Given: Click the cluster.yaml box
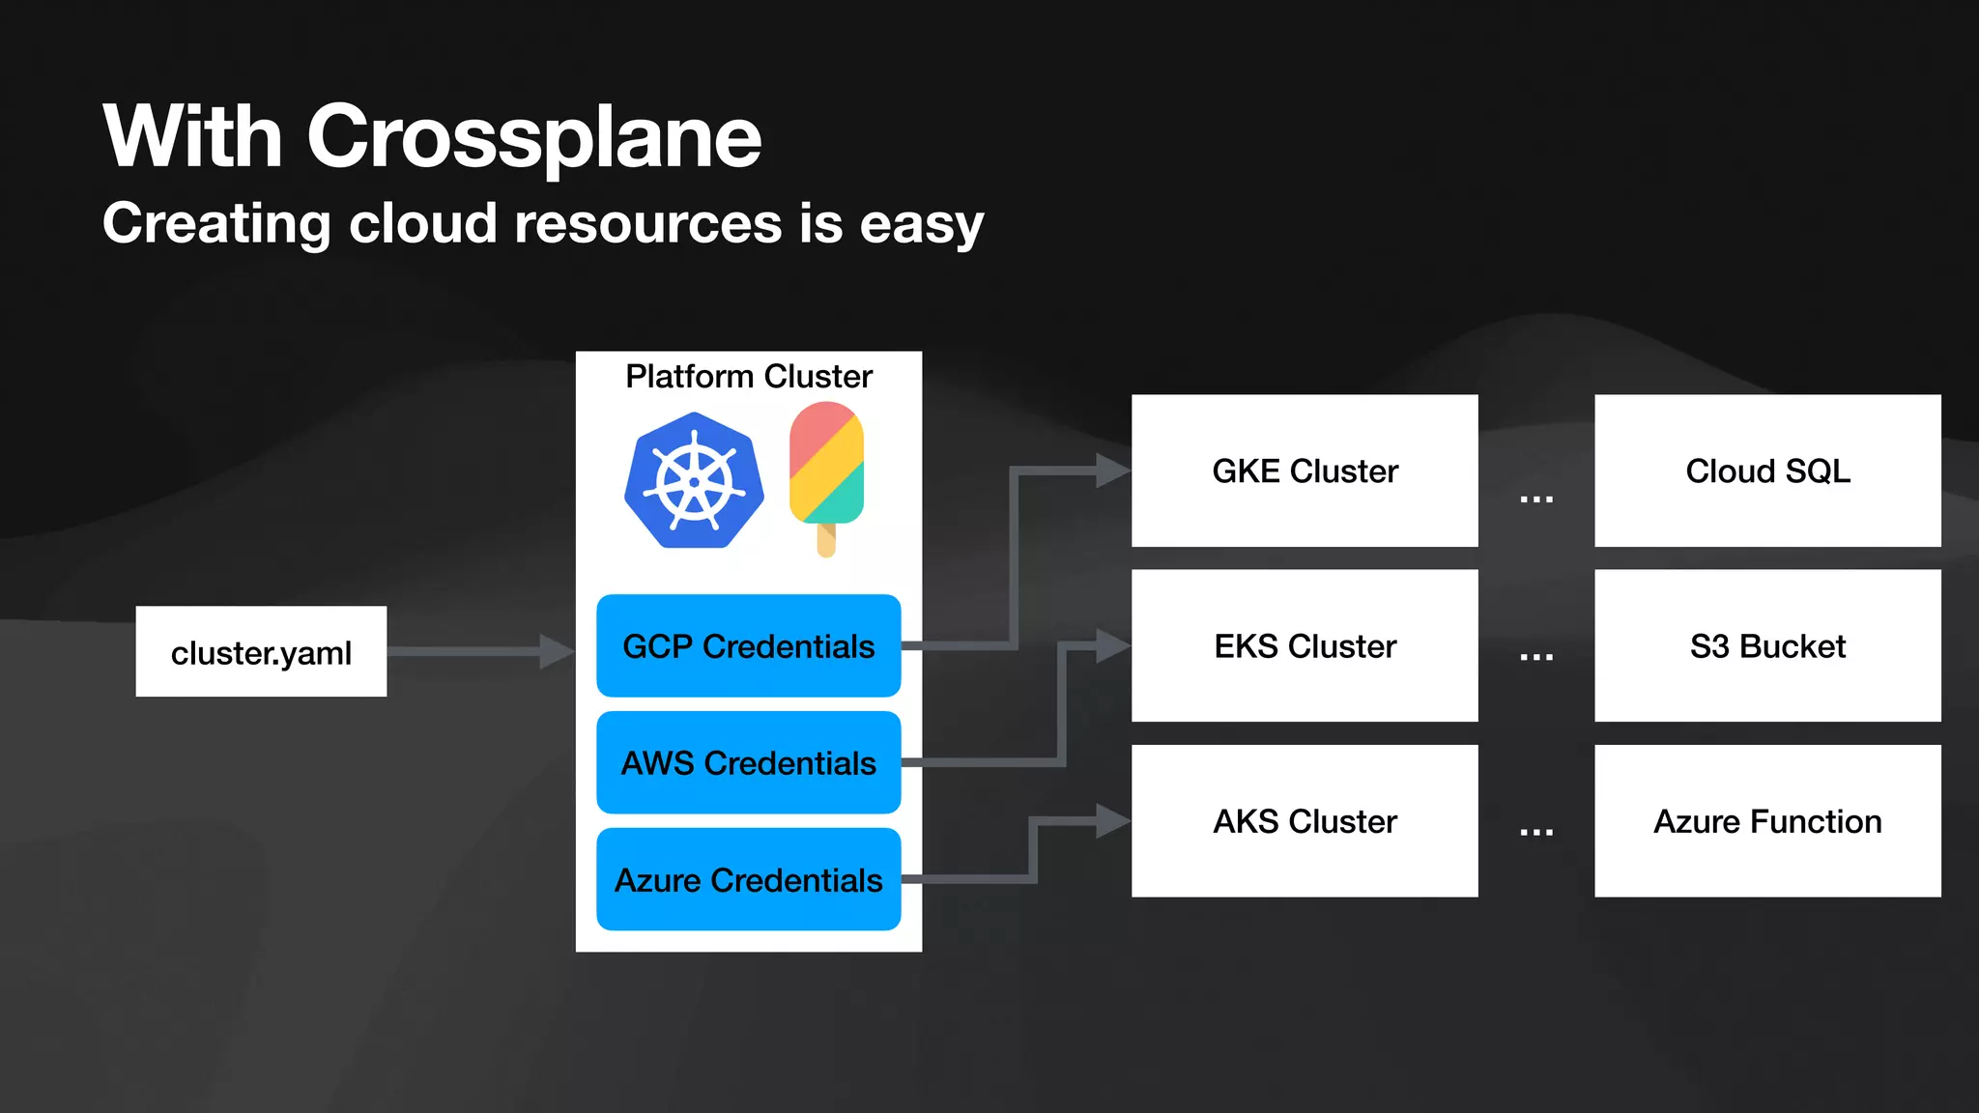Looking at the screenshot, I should tap(261, 651).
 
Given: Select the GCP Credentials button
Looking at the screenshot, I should tap(748, 645).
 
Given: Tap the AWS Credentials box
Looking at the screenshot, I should tap(748, 762).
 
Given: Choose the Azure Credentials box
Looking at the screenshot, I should tap(748, 879).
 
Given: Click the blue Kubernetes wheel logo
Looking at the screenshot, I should tap(694, 481).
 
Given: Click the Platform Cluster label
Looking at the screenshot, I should tap(748, 376).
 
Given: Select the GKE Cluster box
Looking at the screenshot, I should tap(1305, 471).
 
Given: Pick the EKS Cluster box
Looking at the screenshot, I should tap(1305, 645).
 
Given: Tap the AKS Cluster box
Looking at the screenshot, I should tap(1305, 820).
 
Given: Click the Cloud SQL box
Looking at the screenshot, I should tap(1766, 471).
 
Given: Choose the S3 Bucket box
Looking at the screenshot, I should tap(1766, 645).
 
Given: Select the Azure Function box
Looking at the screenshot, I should tap(1766, 820).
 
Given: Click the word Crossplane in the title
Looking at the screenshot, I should tap(533, 137).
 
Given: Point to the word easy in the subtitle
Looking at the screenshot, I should tap(921, 224).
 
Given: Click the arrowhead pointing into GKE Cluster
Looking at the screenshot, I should tap(1113, 471).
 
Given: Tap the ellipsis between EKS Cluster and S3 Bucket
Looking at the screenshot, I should tap(1535, 657).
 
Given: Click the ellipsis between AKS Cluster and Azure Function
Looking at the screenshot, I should tap(1535, 832).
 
